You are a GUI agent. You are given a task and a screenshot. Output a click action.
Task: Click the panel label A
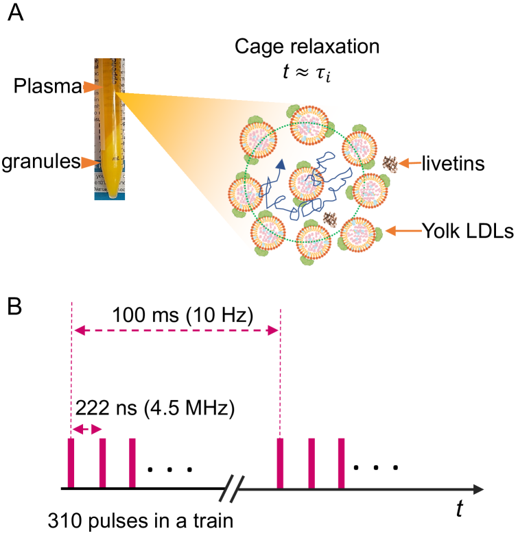coord(16,14)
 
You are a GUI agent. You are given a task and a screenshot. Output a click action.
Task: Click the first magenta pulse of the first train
coord(71,463)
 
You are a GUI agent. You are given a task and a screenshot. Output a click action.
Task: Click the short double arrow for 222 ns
coord(86,430)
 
